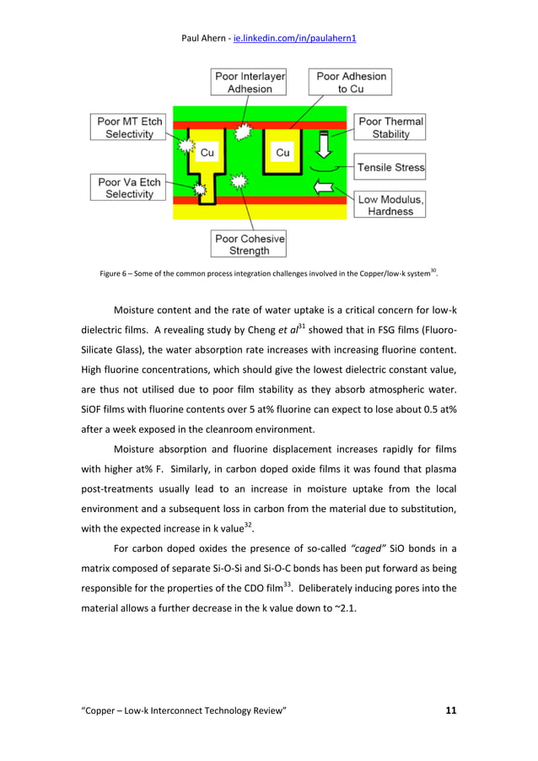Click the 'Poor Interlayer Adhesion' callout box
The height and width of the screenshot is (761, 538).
coord(248,83)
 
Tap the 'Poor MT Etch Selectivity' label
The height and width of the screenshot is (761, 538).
coord(129,128)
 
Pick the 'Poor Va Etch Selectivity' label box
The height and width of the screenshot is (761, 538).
coord(126,187)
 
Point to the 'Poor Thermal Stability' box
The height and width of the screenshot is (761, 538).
coord(390,127)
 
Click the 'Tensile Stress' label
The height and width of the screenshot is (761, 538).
coord(390,167)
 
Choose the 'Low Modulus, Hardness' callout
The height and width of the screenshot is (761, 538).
coord(390,204)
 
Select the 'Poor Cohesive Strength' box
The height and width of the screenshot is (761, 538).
coord(249,244)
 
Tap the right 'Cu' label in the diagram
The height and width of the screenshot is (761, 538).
coord(283,153)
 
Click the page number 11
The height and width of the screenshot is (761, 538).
coord(449,711)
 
